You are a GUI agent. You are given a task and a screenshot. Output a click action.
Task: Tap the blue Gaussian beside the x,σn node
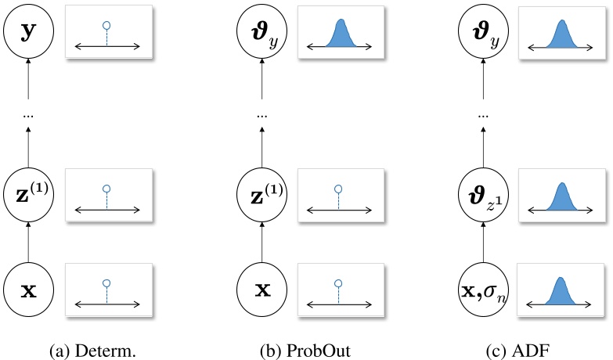coord(561,291)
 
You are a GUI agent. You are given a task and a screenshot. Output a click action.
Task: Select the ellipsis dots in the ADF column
coord(483,116)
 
